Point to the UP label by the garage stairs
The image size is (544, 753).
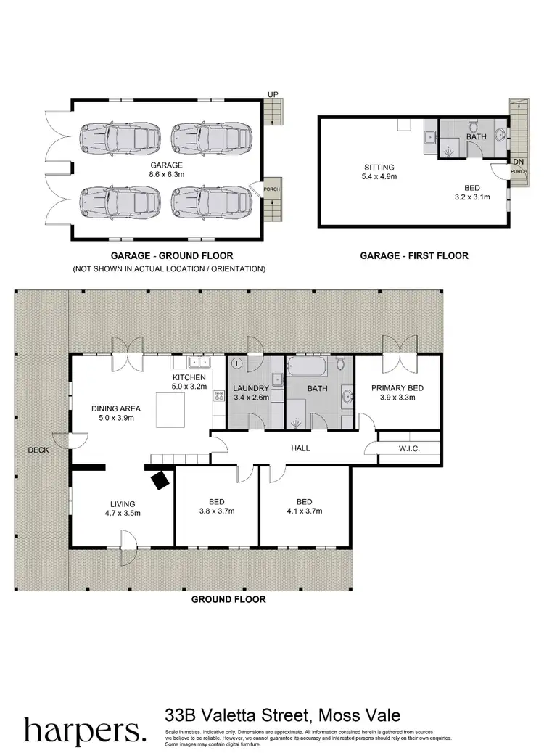(273, 94)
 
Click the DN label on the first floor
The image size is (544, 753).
(517, 161)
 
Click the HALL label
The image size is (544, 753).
(300, 448)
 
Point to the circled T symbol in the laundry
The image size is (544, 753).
(236, 363)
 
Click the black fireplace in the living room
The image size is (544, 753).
(160, 479)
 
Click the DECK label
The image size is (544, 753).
(38, 450)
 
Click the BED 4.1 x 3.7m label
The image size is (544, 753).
(304, 506)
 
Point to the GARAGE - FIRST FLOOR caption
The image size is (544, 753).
(414, 255)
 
